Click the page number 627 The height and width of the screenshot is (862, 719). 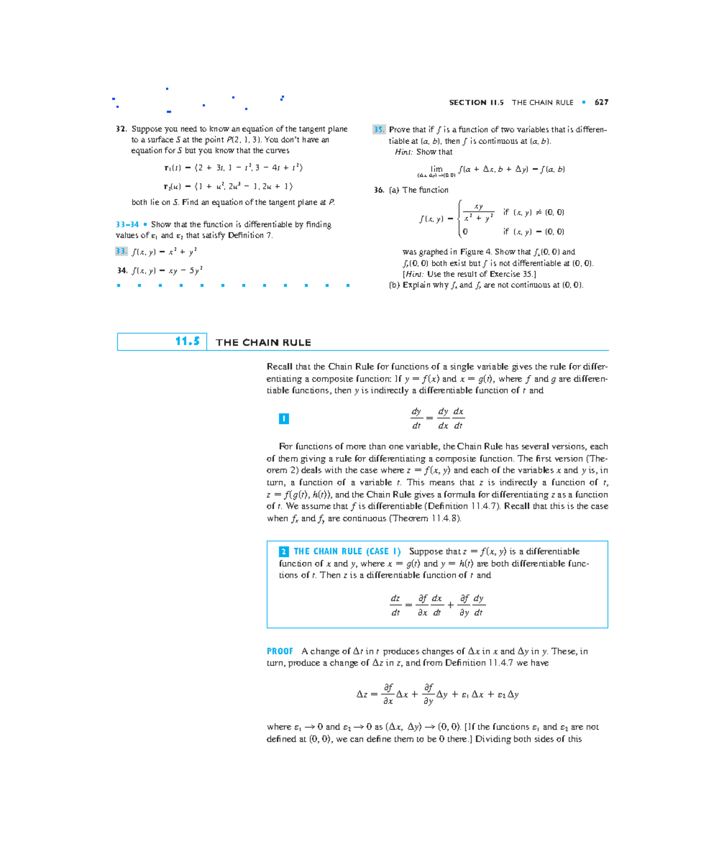coord(602,102)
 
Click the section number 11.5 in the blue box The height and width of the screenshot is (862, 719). coord(188,341)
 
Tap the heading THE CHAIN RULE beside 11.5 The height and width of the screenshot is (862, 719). coord(263,343)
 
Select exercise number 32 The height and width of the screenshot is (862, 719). coord(121,129)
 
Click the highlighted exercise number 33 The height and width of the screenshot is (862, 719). coord(121,252)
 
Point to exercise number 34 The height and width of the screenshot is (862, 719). coord(122,271)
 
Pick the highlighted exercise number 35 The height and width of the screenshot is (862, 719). coord(379,129)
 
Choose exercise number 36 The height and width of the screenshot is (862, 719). coord(379,190)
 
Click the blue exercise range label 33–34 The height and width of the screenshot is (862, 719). coord(127,225)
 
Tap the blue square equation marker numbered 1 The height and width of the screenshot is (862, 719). coord(284,419)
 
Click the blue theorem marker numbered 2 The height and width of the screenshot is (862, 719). coord(284,552)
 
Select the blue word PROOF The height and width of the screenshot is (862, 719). coord(280,651)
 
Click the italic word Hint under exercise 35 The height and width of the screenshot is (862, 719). coord(403,152)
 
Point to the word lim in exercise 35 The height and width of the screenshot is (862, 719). coord(436,169)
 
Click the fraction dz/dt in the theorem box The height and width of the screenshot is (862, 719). coord(395,605)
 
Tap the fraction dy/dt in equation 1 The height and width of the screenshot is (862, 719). coord(416,419)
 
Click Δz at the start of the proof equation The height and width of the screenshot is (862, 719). coord(362,694)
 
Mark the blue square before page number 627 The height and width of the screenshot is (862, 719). coord(584,102)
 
